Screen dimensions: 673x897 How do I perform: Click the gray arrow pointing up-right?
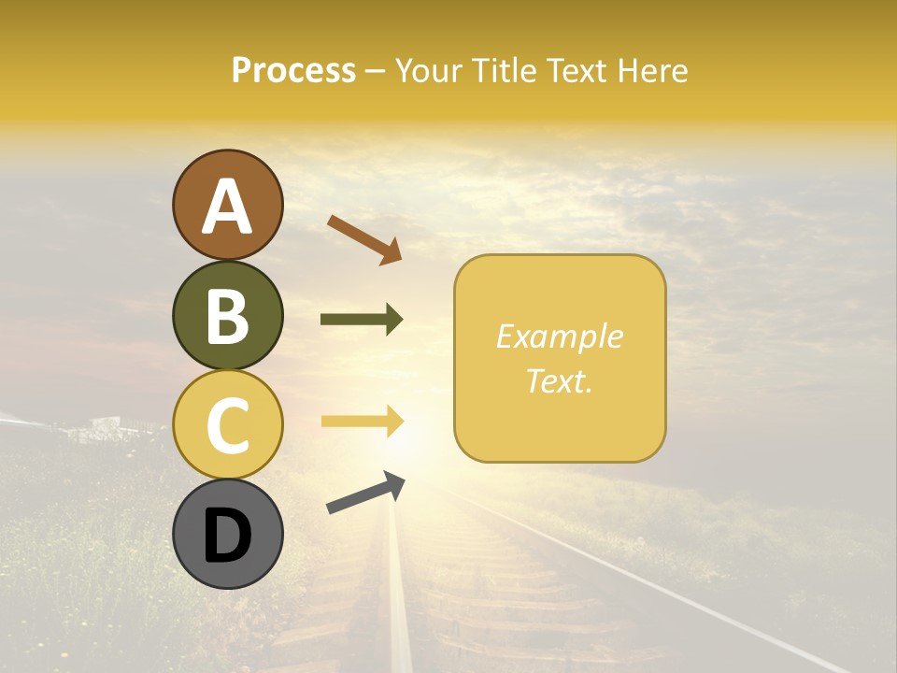pos(365,493)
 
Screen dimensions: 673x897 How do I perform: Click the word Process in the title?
pos(293,71)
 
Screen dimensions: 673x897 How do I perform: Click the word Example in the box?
pos(559,336)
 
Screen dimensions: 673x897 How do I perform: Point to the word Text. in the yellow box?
pos(559,380)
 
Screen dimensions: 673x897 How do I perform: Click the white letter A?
pos(227,206)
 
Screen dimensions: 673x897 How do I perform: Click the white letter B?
pos(227,315)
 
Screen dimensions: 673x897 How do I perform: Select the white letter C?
pos(227,425)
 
